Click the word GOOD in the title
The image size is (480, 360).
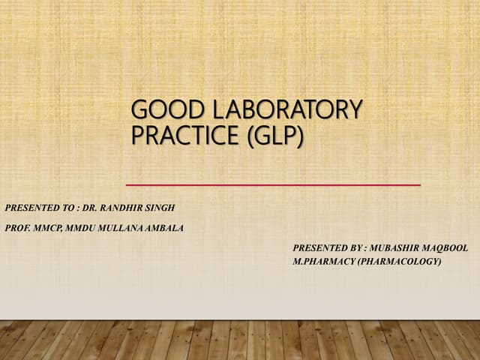coord(156,111)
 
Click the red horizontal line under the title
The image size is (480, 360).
coord(273,184)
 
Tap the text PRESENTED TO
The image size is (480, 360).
coord(37,205)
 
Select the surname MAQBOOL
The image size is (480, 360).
coord(449,247)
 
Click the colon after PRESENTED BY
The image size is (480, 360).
coord(362,247)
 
